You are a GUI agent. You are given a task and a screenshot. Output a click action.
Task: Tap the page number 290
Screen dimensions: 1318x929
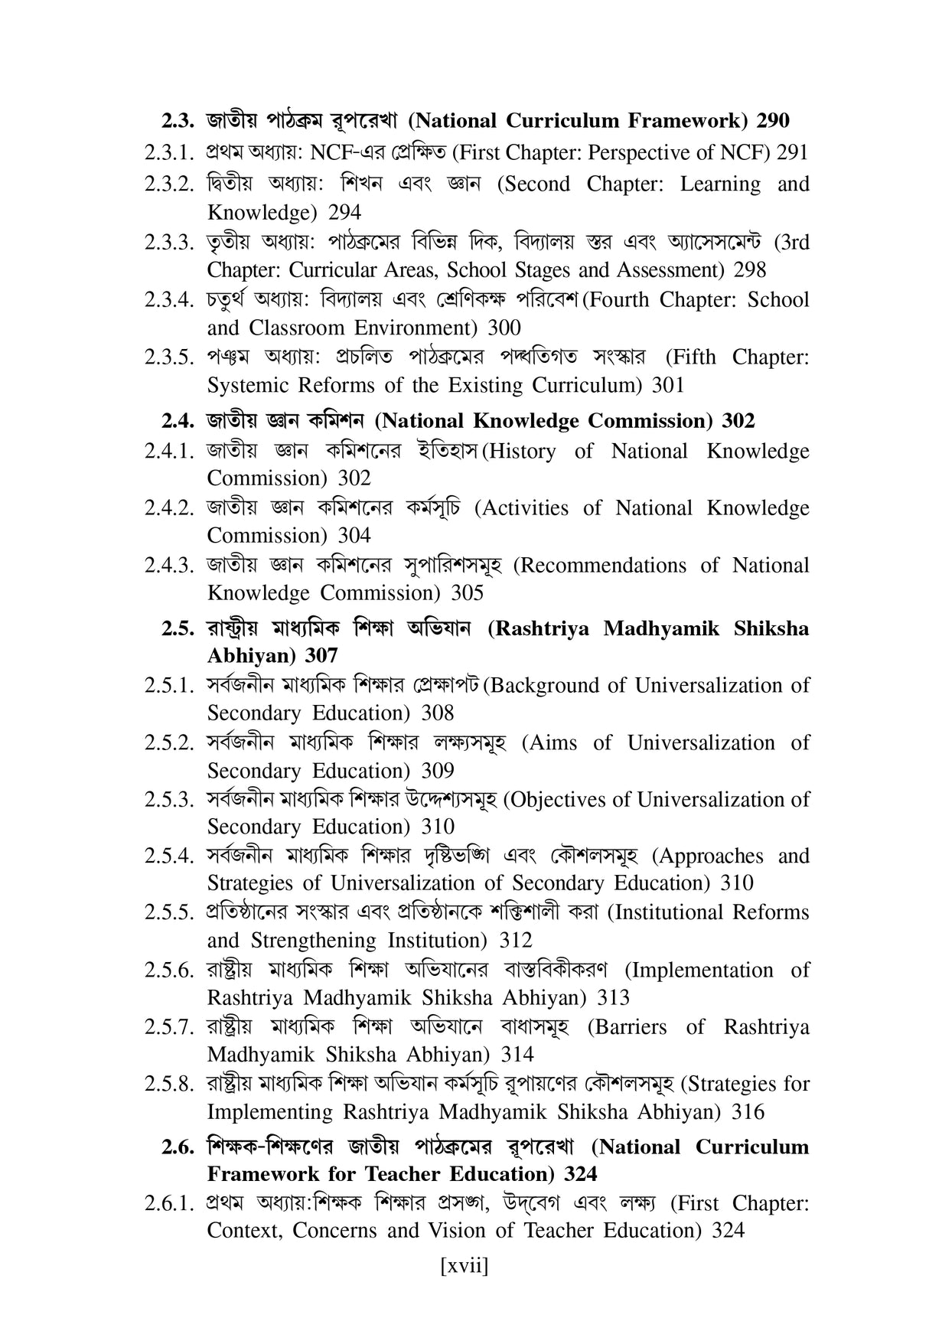(x=773, y=121)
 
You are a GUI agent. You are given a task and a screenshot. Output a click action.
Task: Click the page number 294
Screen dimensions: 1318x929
(x=344, y=212)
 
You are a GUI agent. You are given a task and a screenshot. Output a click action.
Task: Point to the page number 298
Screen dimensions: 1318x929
(x=749, y=270)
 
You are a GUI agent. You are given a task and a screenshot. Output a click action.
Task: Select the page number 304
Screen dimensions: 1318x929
(x=354, y=536)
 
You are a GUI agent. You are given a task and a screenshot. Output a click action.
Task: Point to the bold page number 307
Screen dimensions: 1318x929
(x=321, y=656)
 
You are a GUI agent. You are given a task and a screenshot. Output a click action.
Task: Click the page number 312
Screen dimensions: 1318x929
(x=515, y=940)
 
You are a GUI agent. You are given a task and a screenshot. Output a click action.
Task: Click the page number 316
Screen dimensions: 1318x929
(x=748, y=1111)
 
